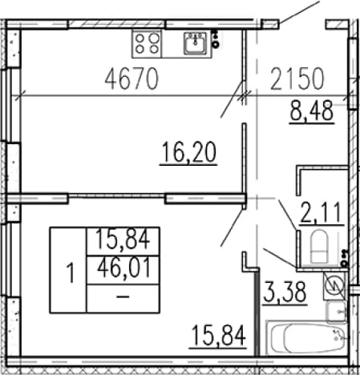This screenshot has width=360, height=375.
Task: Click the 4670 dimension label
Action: (131, 79)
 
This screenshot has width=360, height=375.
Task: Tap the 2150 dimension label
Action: (297, 79)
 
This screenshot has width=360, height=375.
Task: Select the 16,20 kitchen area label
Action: (188, 152)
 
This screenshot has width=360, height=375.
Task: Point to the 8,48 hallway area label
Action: (312, 111)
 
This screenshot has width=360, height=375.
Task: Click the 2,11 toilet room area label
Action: (322, 213)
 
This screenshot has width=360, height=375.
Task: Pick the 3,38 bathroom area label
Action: (285, 292)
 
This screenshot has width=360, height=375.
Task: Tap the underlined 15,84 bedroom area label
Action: (218, 336)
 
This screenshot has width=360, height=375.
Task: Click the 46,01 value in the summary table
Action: (123, 268)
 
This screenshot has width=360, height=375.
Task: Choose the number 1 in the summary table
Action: (71, 272)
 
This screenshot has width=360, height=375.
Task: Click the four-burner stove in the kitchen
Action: (147, 44)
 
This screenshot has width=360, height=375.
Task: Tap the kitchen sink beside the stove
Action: (196, 43)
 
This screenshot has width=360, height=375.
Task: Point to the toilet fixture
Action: (318, 246)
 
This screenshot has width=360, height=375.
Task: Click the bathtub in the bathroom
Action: (307, 337)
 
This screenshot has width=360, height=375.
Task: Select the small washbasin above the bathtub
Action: (337, 312)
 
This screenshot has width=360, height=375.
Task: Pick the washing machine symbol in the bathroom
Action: (334, 285)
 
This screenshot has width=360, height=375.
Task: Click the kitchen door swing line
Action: (232, 99)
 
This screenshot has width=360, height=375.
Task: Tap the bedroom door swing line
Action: (232, 228)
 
